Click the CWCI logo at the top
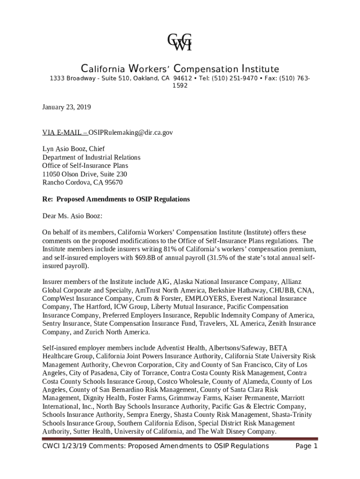tap(180, 42)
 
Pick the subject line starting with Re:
tap(116, 199)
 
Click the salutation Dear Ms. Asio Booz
tap(72, 216)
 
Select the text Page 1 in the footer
tap(307, 446)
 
